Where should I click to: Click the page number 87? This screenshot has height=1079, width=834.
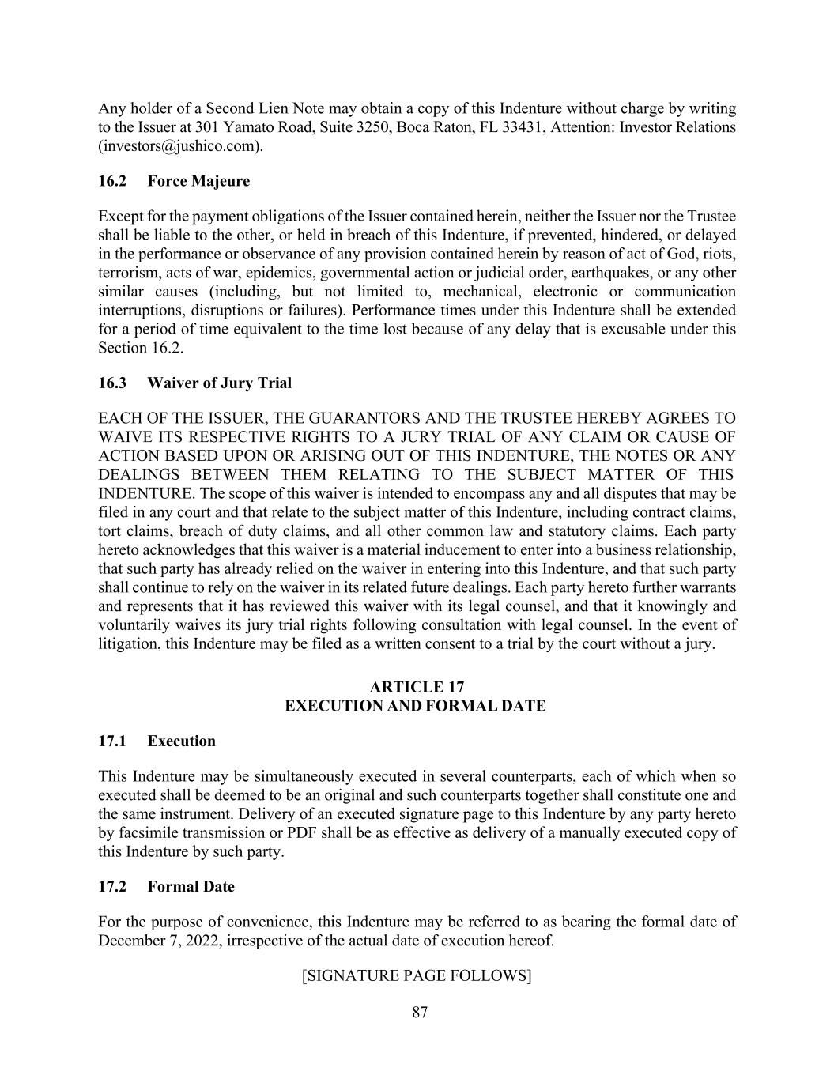click(x=420, y=1012)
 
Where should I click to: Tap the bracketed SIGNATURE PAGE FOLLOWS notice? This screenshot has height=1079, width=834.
click(x=417, y=975)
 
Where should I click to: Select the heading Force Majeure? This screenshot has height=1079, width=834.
click(x=198, y=181)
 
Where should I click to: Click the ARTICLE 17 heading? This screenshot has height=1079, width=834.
click(x=417, y=686)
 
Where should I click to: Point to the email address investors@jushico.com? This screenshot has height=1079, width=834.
click(x=179, y=146)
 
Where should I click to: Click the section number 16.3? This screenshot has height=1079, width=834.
click(x=112, y=383)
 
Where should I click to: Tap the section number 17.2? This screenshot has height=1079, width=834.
click(x=112, y=886)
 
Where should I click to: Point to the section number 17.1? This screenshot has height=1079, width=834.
click(x=112, y=741)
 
